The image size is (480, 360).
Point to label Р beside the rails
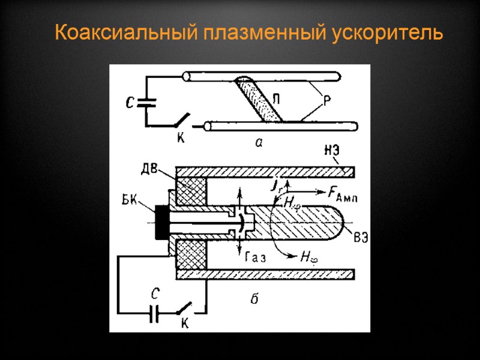point(328,101)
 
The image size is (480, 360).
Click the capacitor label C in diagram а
point(130,103)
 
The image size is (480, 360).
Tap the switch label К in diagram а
point(179,137)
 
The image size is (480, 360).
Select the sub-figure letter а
point(259,142)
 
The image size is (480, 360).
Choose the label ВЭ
point(361,236)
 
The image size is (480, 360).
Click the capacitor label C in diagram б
point(155,294)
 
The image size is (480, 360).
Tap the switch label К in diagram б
point(185,324)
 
